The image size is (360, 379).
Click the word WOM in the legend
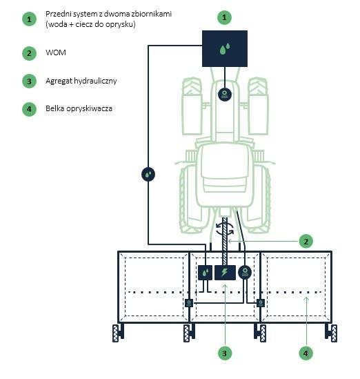(x=56, y=52)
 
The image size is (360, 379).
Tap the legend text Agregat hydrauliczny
(x=81, y=81)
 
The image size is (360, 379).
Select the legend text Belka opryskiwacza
(x=79, y=108)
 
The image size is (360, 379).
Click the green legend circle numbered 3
(x=29, y=81)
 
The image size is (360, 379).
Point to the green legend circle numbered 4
(x=29, y=109)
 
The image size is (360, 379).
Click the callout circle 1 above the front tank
(x=224, y=17)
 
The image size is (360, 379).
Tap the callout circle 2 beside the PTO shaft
(x=306, y=241)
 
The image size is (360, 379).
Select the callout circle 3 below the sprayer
(x=225, y=353)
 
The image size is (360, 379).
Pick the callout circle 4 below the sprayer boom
(x=306, y=353)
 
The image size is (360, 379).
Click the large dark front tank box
(x=225, y=48)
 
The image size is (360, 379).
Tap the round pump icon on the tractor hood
(x=225, y=95)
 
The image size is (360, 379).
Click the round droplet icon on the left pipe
(x=148, y=174)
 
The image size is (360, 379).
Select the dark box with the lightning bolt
(x=226, y=273)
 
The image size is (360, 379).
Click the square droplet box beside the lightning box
(x=206, y=273)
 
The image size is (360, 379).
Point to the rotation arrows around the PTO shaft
(x=225, y=229)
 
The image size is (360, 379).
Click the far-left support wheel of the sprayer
(x=116, y=333)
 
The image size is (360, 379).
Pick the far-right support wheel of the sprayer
(x=334, y=333)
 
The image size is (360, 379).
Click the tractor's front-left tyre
(x=192, y=106)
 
